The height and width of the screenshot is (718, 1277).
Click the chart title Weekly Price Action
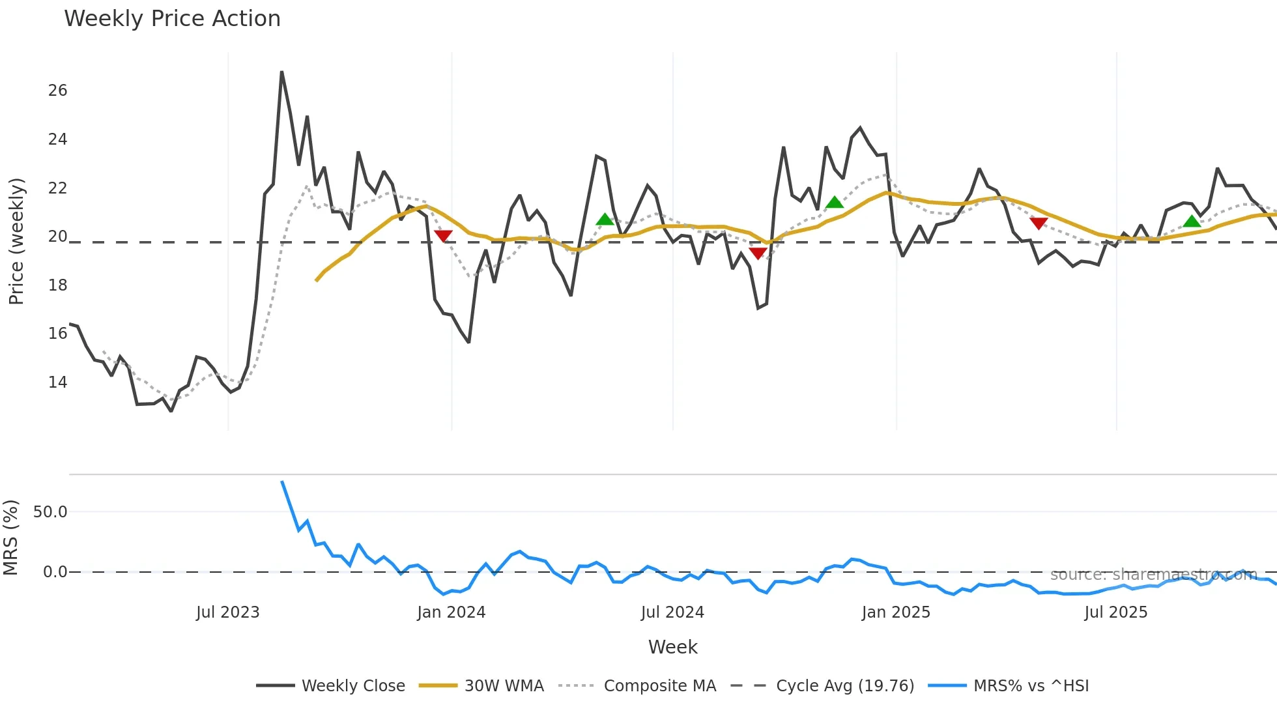click(x=172, y=19)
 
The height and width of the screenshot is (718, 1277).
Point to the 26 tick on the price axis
click(x=57, y=91)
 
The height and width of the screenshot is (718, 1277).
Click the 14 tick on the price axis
click(x=57, y=382)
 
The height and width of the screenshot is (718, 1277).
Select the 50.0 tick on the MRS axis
click(x=50, y=512)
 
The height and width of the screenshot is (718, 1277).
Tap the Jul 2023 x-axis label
click(x=227, y=612)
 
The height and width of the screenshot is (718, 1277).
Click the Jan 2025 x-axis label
click(x=896, y=612)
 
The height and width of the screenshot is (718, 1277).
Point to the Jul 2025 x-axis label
click(x=1115, y=612)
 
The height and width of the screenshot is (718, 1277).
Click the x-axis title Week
click(x=672, y=647)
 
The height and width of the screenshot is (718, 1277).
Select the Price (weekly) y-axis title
click(x=16, y=241)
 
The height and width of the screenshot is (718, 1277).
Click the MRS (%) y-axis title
click(x=10, y=538)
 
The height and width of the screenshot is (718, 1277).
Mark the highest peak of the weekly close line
click(x=281, y=72)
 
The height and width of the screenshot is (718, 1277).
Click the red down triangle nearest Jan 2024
click(x=443, y=236)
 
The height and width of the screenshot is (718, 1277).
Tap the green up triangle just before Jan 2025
click(x=835, y=203)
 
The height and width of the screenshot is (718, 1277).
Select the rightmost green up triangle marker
click(x=1192, y=221)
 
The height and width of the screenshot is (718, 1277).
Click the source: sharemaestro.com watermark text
click(x=1153, y=575)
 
